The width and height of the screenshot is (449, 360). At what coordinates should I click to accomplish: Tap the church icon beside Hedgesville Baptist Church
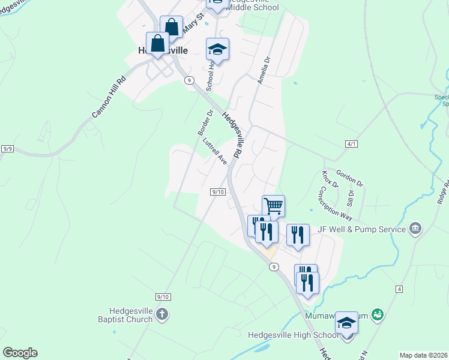(x=161, y=314)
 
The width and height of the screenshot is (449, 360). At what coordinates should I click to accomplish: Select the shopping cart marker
(x=273, y=206)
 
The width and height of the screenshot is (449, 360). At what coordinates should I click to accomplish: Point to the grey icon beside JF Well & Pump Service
(x=415, y=228)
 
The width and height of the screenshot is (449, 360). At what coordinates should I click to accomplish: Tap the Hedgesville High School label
(x=294, y=335)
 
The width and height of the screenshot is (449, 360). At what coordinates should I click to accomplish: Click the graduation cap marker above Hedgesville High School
(x=346, y=323)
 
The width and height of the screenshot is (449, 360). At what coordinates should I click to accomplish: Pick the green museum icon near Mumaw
(x=378, y=314)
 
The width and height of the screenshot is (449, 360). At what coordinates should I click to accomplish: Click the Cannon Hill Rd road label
(x=109, y=96)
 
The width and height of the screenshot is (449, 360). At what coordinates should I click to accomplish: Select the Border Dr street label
(x=206, y=122)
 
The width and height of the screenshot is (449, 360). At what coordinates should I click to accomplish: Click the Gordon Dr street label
(x=349, y=177)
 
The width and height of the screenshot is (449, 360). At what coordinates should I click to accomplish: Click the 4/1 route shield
(x=352, y=144)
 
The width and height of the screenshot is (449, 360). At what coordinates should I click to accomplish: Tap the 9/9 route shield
(x=8, y=148)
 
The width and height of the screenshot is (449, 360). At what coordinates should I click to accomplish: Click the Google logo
(x=19, y=353)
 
